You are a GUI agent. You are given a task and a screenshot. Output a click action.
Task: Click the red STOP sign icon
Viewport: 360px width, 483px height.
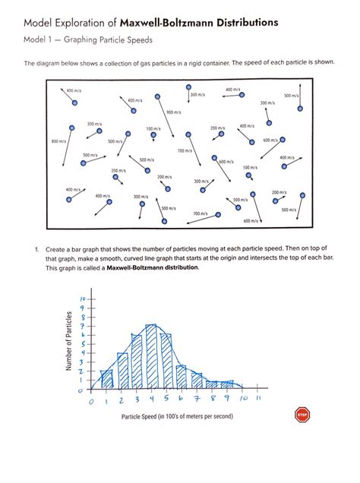[302, 415]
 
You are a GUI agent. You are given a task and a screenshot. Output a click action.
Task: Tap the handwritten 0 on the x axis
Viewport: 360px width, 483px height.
[90, 400]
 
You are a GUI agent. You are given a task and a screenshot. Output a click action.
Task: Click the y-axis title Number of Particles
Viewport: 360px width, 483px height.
[69, 342]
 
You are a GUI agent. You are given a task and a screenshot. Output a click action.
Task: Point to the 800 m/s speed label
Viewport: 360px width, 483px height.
[60, 141]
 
